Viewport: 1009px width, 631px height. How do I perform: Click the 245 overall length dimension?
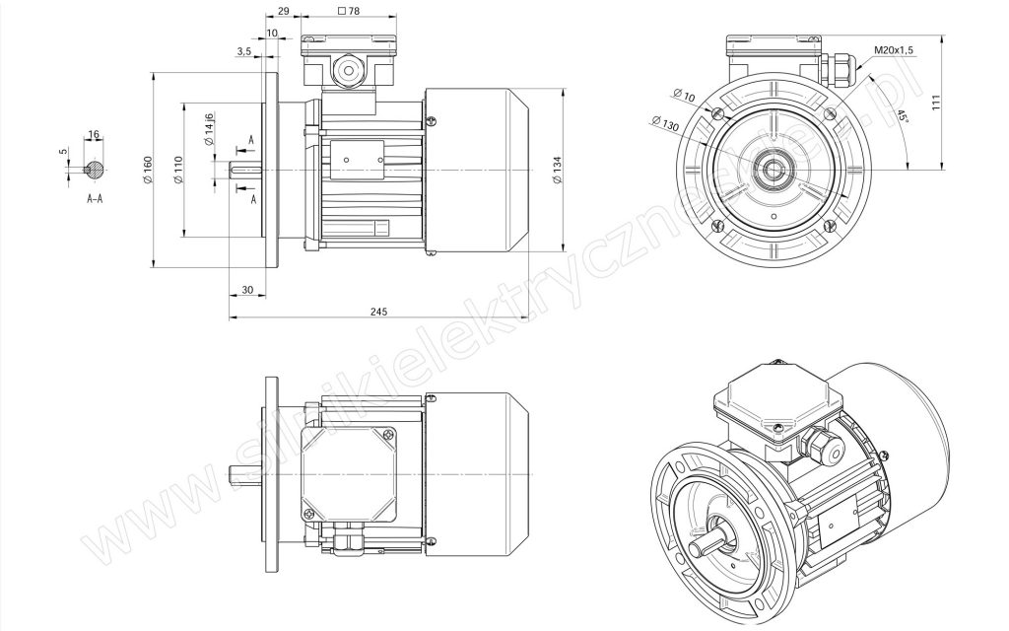point(379,312)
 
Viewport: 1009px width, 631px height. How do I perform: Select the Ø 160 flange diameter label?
point(148,170)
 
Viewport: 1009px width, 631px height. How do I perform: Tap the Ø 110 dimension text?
point(178,171)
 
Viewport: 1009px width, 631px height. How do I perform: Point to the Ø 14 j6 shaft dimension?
point(208,129)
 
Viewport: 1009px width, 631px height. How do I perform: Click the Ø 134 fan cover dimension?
point(558,170)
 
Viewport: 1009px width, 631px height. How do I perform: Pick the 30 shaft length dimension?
point(247,290)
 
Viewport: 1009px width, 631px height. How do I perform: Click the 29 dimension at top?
point(283,11)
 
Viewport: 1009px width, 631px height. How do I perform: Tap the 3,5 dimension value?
point(244,51)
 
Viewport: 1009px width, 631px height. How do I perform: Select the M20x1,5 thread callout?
point(894,49)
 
